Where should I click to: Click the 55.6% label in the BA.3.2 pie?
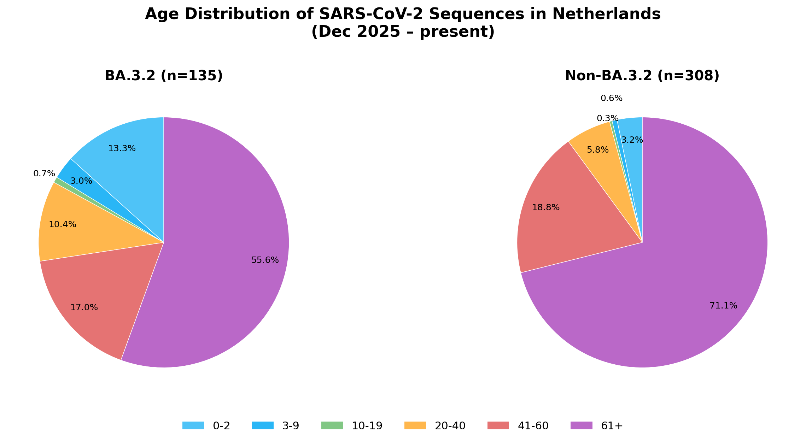tap(265, 260)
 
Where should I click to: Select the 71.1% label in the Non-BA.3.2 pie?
tap(723, 306)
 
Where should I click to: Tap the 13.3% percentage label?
tap(122, 149)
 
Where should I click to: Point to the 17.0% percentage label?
tap(84, 308)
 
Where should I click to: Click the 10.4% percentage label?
tap(62, 225)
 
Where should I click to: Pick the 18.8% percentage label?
tap(545, 208)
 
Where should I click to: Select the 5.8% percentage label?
tap(597, 150)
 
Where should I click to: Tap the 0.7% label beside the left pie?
tap(44, 174)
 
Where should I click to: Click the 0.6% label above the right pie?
tap(611, 99)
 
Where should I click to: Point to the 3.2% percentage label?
tap(632, 140)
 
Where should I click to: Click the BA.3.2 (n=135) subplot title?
tap(164, 76)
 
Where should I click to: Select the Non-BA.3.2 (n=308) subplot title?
tap(642, 76)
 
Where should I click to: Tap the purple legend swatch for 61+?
tap(581, 426)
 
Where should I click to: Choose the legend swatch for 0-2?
tap(193, 426)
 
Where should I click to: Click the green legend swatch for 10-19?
tap(332, 426)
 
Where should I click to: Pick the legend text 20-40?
tap(450, 426)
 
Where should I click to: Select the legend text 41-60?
tap(533, 426)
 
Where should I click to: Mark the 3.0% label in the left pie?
tap(81, 181)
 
